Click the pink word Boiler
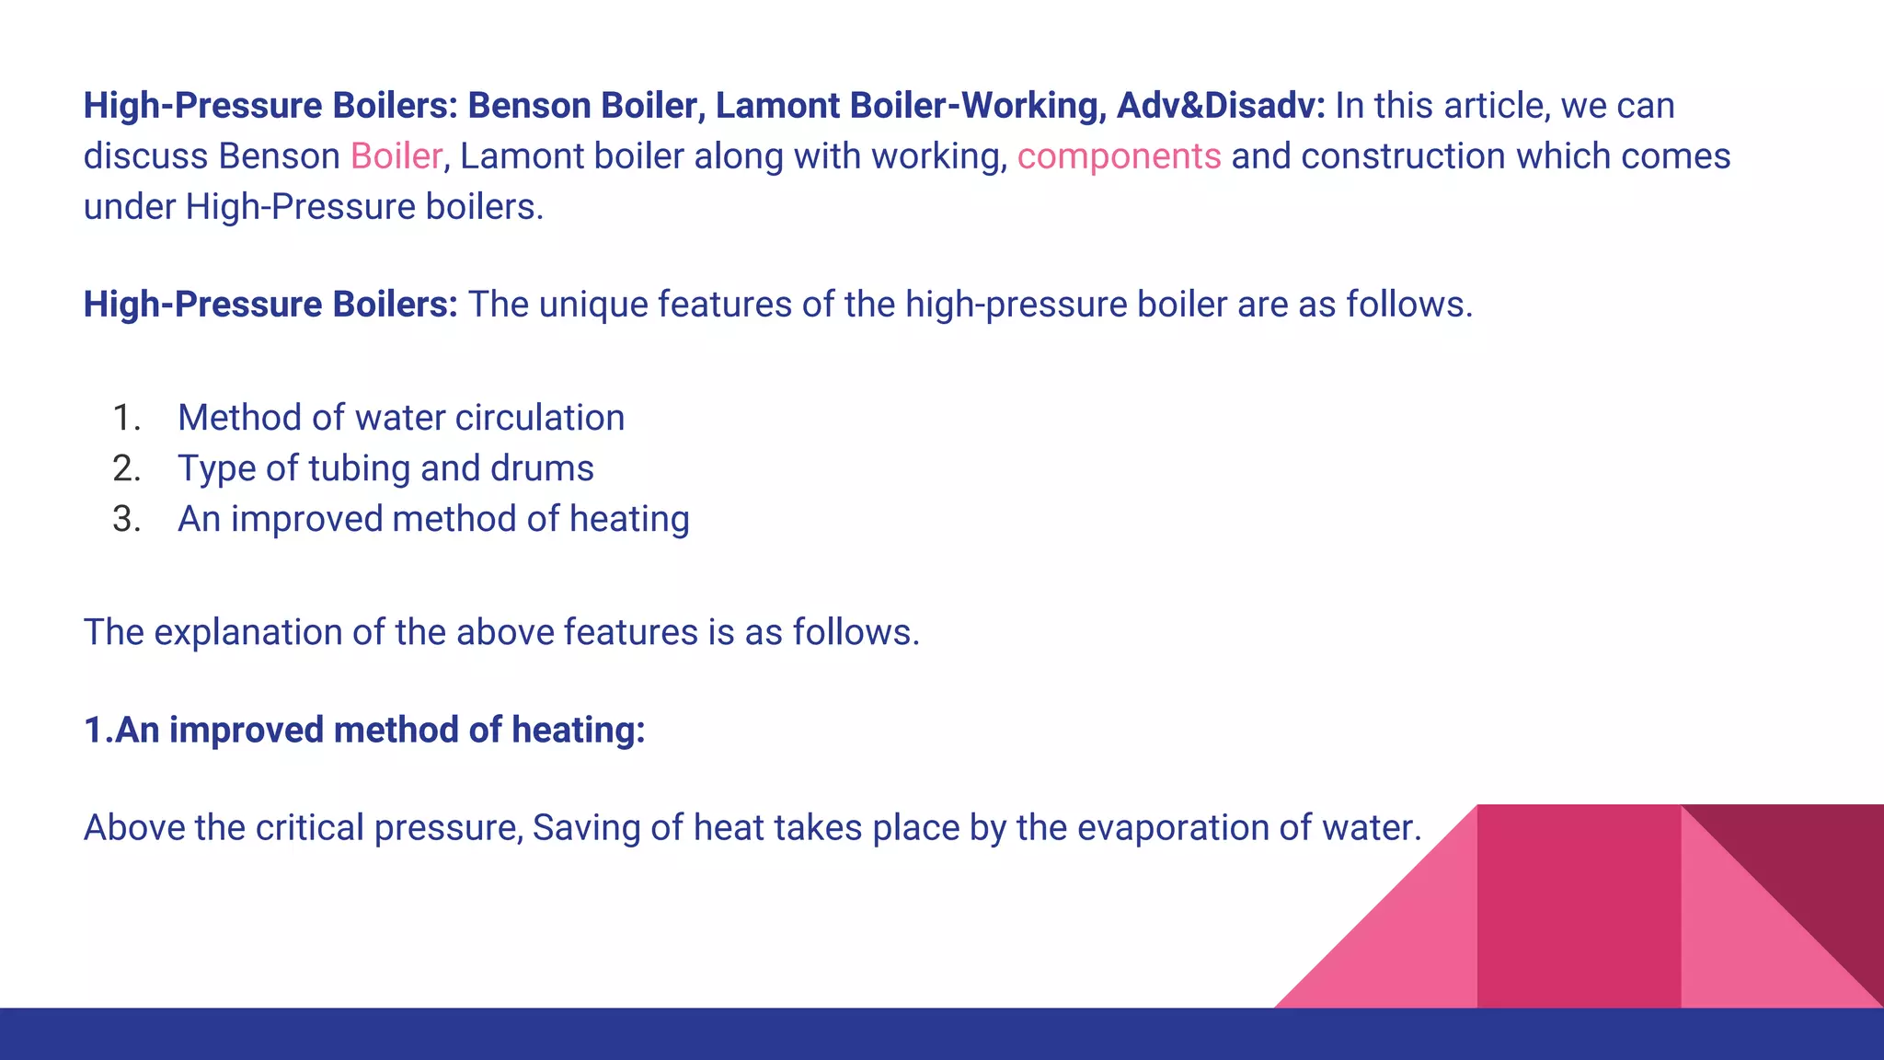(396, 156)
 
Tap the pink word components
(1119, 157)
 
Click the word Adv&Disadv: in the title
(1221, 106)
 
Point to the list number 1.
(126, 419)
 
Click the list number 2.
(126, 469)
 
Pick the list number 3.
(126, 520)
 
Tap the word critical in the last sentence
(310, 828)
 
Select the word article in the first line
(1497, 106)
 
